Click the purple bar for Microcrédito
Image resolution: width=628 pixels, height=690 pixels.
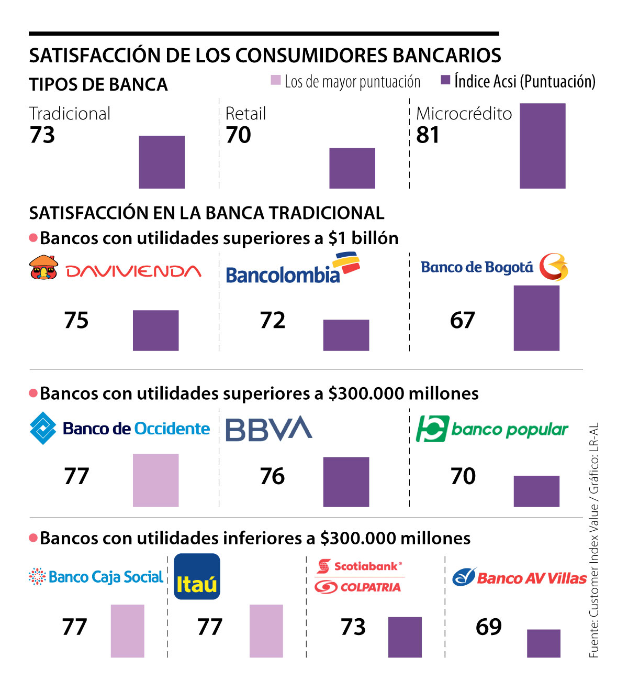(542, 146)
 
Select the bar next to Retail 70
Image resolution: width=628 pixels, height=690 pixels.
(352, 168)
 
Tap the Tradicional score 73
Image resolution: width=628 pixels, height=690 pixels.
(42, 135)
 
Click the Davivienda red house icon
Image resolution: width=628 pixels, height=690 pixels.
(43, 267)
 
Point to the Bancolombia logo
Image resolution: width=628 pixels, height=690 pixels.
(292, 269)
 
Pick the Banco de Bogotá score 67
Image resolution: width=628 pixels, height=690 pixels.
(462, 320)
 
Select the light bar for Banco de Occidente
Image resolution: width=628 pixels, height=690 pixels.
(155, 480)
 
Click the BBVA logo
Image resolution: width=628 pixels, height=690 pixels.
(268, 429)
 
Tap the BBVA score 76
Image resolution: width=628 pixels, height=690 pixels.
(272, 476)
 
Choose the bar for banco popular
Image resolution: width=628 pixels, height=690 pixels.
(536, 491)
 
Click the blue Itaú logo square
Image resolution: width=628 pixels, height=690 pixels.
(197, 576)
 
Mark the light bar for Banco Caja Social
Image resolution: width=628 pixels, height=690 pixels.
(127, 631)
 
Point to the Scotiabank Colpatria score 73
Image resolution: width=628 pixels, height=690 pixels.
(353, 627)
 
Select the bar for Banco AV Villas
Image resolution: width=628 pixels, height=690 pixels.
(543, 643)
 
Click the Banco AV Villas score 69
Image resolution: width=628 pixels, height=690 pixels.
(488, 627)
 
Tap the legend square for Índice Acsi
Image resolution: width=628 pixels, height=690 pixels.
(445, 80)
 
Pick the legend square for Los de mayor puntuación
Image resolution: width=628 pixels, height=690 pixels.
(276, 80)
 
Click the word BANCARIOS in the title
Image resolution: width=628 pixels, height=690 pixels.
(446, 56)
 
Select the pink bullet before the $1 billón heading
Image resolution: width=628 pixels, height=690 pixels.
(33, 238)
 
